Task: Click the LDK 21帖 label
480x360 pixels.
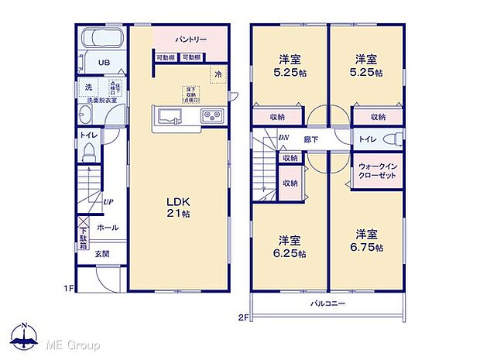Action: [x=177, y=208]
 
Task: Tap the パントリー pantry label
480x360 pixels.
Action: [x=189, y=38]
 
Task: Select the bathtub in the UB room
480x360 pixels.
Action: [x=99, y=39]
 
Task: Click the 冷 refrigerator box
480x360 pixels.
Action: [x=218, y=74]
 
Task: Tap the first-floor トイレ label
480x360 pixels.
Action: [x=87, y=135]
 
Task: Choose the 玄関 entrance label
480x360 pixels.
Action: [x=102, y=253]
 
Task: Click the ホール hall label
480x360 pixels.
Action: [x=107, y=228]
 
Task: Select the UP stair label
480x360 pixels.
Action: [x=109, y=202]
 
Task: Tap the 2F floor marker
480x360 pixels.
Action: [x=242, y=316]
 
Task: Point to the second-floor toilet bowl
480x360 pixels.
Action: [x=396, y=139]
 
